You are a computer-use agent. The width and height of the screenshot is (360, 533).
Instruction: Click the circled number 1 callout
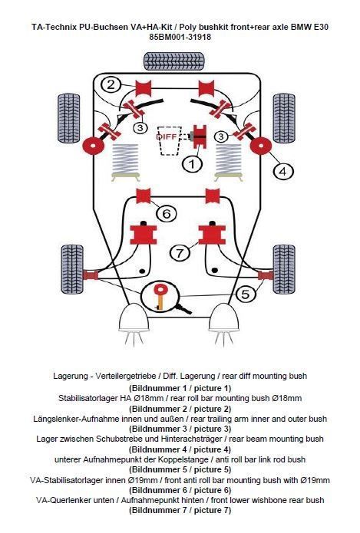192,164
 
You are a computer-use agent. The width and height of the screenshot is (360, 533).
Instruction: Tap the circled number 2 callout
111,84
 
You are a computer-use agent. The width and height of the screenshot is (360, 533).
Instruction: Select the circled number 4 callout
283,171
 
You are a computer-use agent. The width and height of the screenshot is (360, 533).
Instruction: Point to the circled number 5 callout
246,294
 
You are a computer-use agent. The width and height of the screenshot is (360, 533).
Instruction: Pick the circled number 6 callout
167,213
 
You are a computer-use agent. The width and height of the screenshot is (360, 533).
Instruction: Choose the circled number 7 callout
180,252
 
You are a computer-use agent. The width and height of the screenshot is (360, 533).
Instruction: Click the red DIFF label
167,137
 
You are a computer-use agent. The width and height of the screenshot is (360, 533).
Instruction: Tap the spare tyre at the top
174,61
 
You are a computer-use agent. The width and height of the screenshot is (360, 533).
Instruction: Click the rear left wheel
69,117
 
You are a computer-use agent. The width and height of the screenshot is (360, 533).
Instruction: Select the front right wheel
284,269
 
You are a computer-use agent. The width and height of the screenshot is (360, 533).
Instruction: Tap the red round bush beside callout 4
261,146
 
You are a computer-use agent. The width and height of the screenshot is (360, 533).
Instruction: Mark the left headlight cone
134,317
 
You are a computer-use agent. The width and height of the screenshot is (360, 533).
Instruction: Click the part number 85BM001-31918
180,37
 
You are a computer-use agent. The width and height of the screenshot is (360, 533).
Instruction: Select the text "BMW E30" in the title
309,27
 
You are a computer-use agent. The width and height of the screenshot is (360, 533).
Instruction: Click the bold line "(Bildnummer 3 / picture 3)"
180,429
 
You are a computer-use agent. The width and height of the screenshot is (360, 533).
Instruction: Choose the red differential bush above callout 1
200,137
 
